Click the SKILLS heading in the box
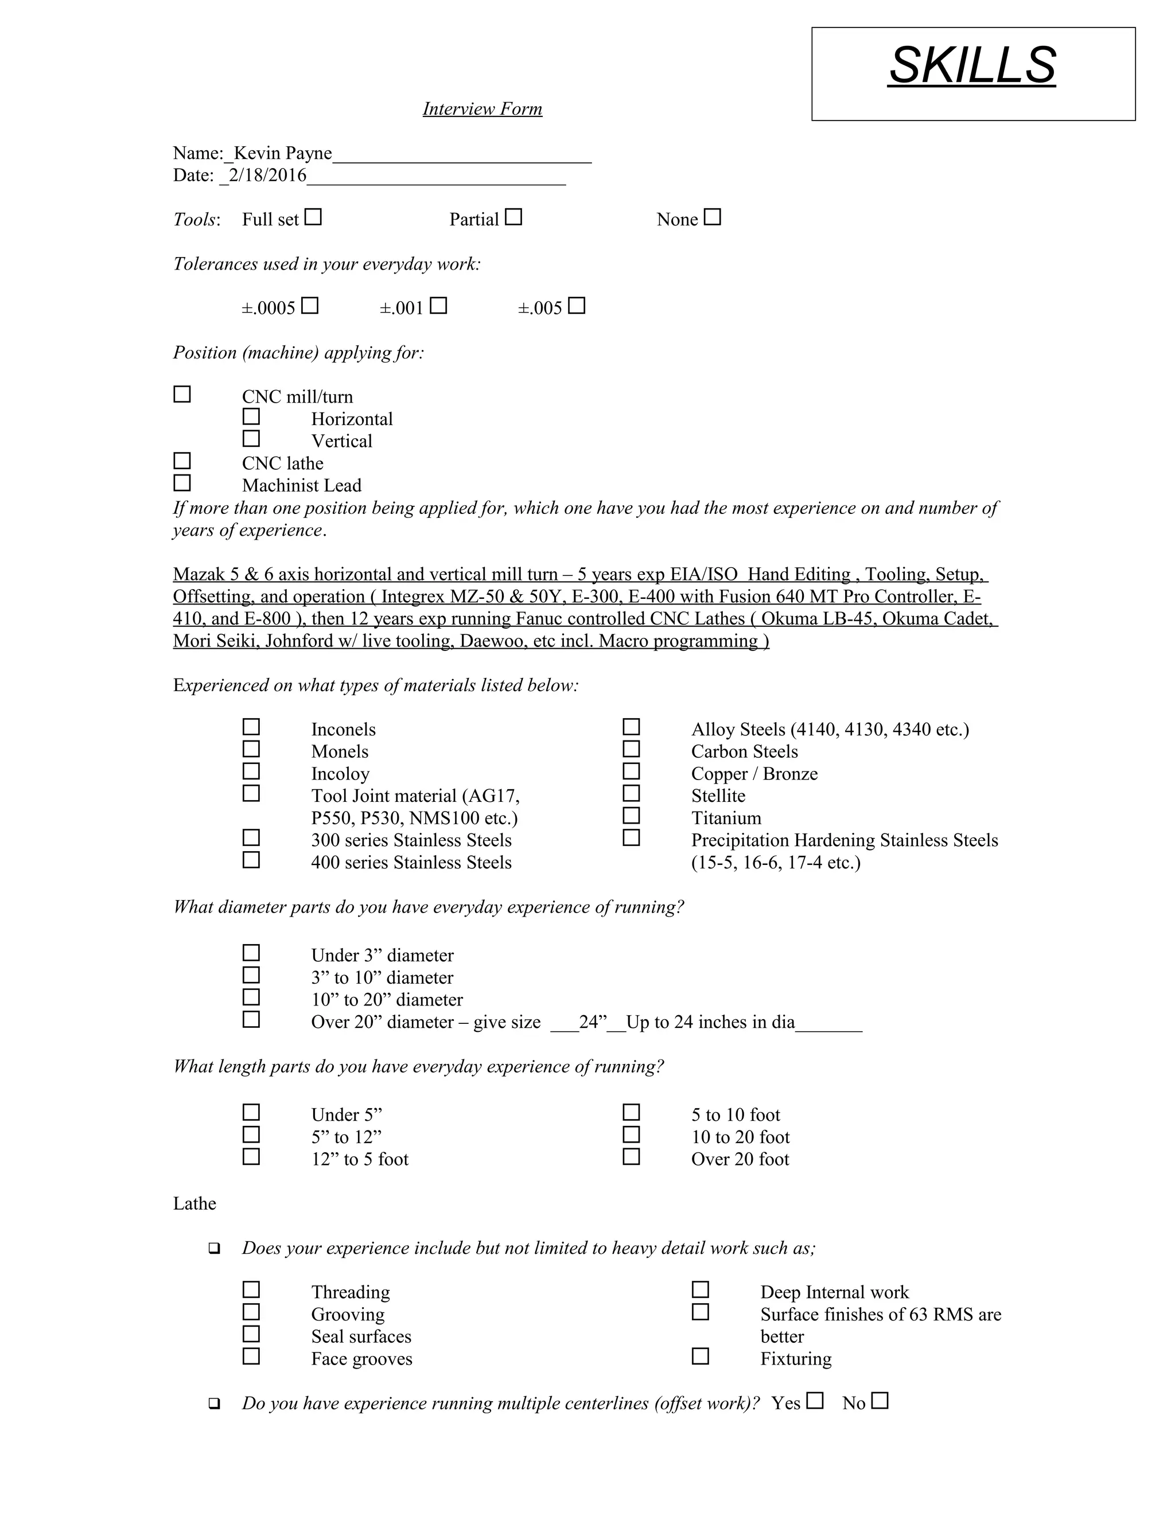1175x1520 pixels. coord(972,65)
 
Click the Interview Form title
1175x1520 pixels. coord(482,109)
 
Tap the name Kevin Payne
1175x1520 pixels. coord(283,153)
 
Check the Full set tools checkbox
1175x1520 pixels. coord(313,217)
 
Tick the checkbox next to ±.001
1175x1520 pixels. coord(438,306)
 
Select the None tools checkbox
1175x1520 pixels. coord(712,217)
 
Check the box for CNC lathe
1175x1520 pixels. coord(182,461)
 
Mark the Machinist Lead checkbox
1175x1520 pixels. coord(182,482)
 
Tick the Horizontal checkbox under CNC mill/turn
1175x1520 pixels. coord(251,416)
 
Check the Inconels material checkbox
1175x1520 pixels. coord(251,727)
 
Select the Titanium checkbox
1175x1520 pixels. coord(631,815)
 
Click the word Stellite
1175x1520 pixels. coord(718,796)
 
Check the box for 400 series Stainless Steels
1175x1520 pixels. coord(251,860)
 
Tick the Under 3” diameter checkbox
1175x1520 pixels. coord(251,952)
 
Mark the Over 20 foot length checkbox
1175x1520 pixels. coord(631,1156)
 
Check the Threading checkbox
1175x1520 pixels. coord(251,1289)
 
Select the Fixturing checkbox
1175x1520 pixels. coord(701,1356)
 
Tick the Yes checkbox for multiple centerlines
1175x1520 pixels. coord(815,1400)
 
